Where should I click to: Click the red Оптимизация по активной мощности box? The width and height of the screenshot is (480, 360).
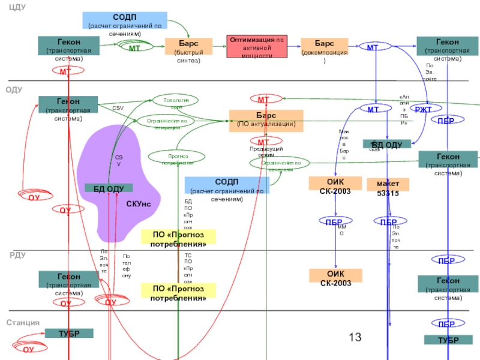click(x=257, y=47)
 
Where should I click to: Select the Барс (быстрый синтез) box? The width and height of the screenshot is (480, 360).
click(x=188, y=48)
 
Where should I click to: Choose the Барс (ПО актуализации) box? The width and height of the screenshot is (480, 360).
click(x=266, y=119)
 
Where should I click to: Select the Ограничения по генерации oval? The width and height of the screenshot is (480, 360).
click(x=167, y=121)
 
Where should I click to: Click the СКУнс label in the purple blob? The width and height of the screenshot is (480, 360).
click(x=139, y=205)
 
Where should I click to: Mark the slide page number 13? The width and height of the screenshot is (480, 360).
click(x=355, y=337)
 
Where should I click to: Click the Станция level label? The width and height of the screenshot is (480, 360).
click(x=23, y=323)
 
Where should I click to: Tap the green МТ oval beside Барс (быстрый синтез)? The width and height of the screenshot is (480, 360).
click(x=139, y=47)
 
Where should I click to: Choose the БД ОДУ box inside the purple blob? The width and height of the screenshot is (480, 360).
click(x=109, y=188)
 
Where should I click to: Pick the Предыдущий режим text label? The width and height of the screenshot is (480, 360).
click(x=266, y=151)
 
